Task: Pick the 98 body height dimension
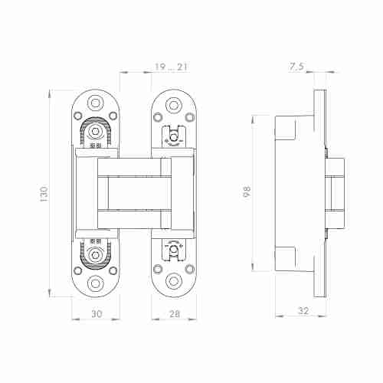[246, 191]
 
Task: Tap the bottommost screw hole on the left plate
[96, 283]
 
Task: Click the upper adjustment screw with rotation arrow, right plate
[173, 138]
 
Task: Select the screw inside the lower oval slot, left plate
[96, 256]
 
